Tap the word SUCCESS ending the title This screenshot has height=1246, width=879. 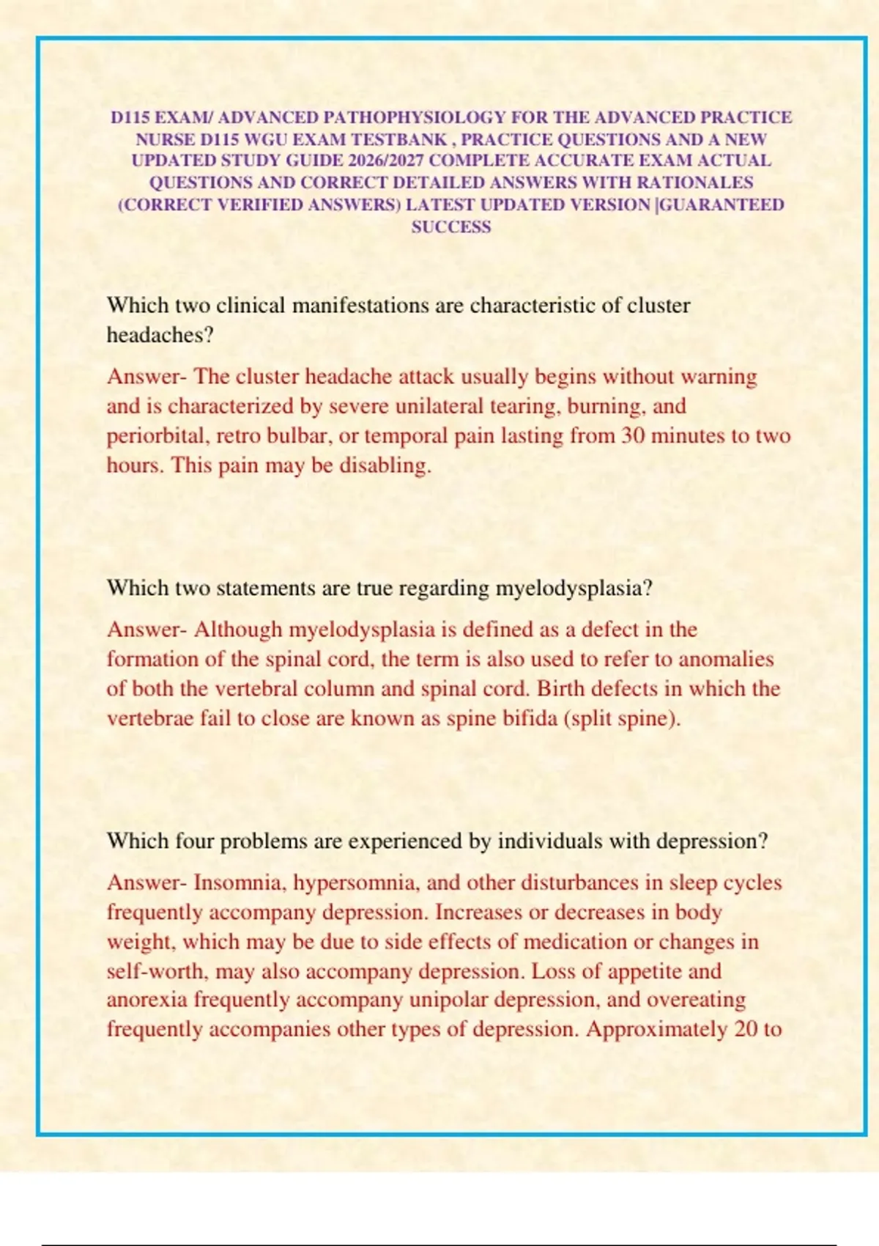[x=451, y=227]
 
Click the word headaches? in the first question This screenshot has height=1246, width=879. [x=160, y=335]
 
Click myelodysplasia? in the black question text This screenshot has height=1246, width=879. [x=574, y=588]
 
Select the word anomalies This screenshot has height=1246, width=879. [x=726, y=659]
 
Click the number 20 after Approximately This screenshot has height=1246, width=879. [x=746, y=1029]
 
